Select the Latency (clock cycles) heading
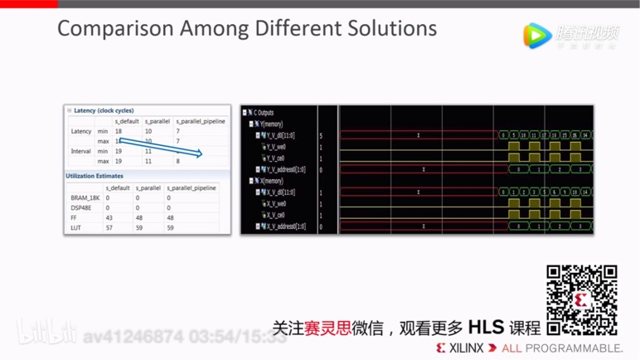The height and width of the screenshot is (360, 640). tap(104, 110)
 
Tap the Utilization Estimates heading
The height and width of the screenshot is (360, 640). tap(95, 176)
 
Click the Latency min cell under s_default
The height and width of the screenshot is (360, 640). tap(119, 131)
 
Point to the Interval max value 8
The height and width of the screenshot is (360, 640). tap(177, 161)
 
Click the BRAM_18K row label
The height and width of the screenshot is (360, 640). tap(85, 197)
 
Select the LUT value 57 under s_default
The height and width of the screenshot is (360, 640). tap(109, 226)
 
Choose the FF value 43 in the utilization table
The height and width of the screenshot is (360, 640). tap(109, 217)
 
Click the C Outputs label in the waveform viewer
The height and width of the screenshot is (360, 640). tap(264, 113)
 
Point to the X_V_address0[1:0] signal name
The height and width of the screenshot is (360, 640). tap(284, 226)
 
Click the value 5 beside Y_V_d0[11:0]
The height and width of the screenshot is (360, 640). tap(321, 135)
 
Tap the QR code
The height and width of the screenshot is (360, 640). tap(581, 299)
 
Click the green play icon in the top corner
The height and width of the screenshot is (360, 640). tap(537, 35)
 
